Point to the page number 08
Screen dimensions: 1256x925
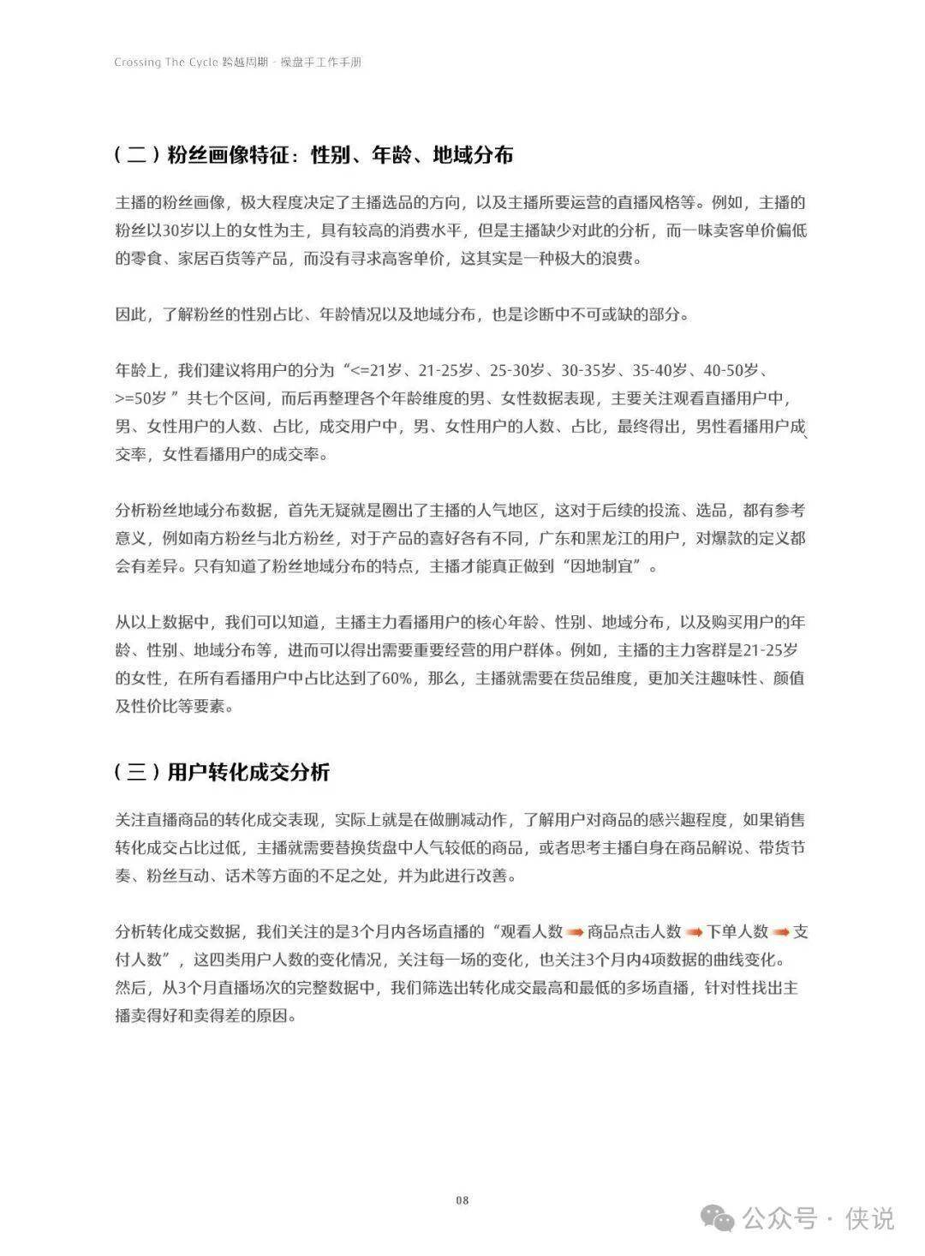(462, 1200)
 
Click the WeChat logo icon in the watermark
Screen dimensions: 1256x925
(718, 1217)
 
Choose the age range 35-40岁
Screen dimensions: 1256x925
(660, 370)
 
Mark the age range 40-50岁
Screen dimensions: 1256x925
(731, 370)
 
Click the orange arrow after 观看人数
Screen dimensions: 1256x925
(575, 931)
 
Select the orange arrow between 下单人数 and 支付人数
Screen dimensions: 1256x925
(780, 931)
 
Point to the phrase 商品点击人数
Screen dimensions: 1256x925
(635, 931)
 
